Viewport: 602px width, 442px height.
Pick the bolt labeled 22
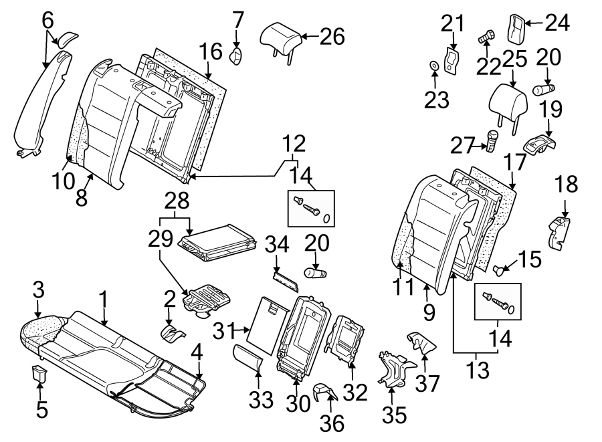[486, 38]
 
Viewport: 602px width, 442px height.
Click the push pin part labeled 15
[499, 269]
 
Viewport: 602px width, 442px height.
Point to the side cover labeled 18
[559, 231]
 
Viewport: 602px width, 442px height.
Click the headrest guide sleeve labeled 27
[492, 141]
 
